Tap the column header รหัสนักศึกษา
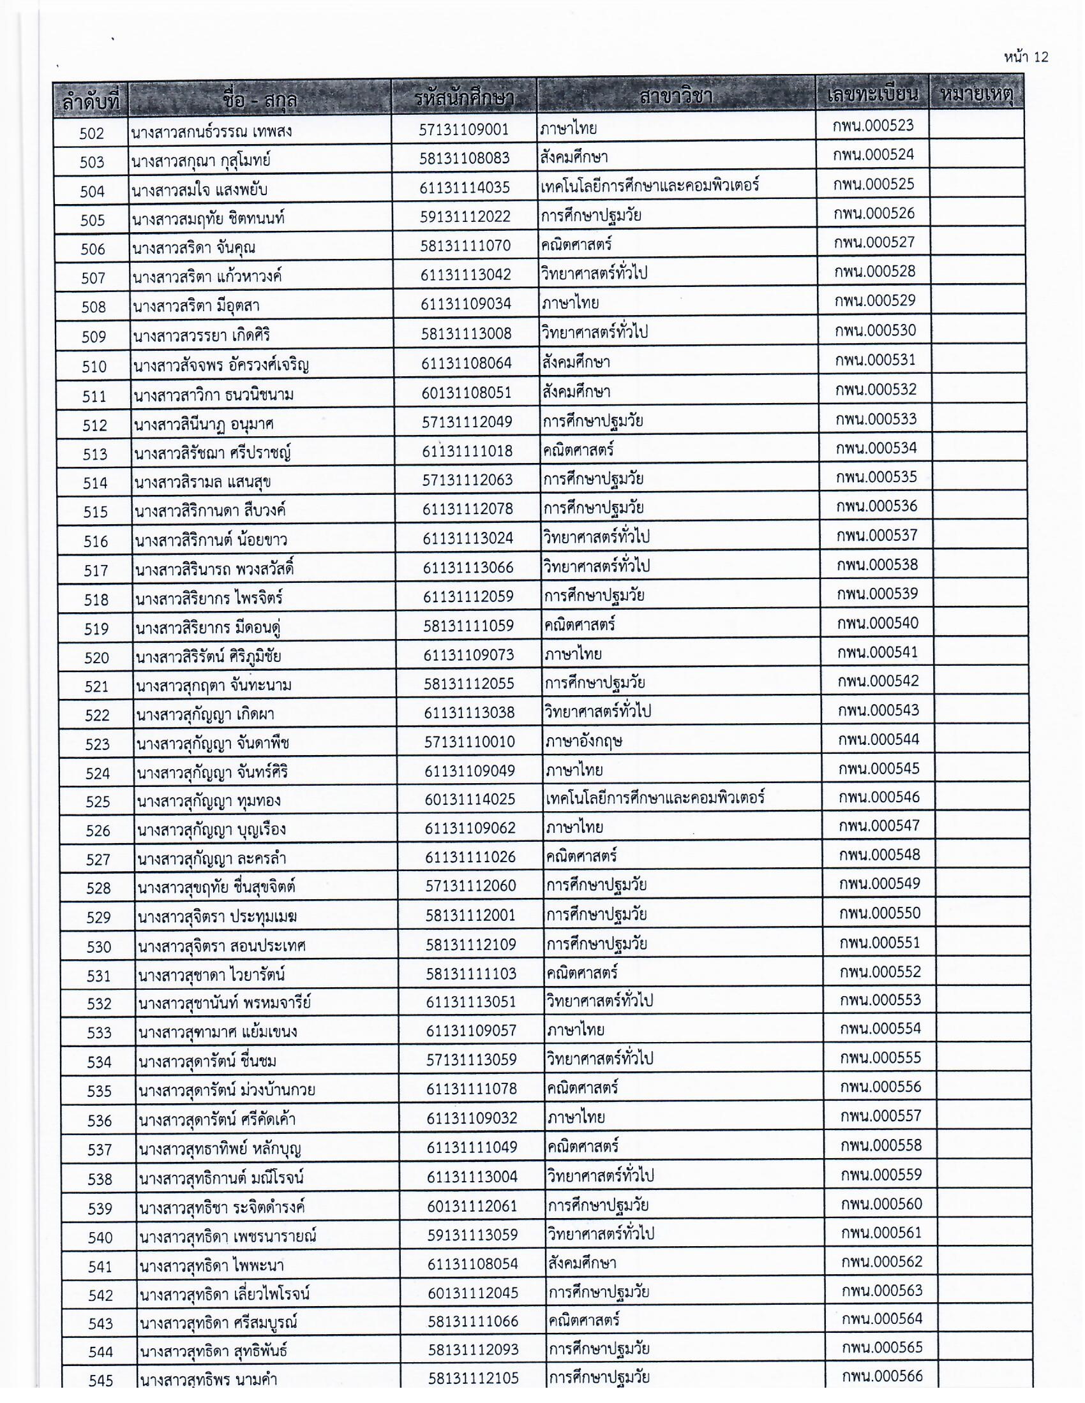(463, 99)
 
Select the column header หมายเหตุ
(976, 96)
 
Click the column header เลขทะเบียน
(872, 96)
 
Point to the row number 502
(91, 133)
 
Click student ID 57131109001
(463, 129)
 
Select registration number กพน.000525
(874, 184)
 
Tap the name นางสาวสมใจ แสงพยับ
(199, 190)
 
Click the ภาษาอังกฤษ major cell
(583, 741)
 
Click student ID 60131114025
(470, 800)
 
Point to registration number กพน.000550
(879, 913)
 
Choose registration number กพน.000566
(882, 1376)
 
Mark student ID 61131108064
(467, 363)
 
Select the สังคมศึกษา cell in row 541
(581, 1263)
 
